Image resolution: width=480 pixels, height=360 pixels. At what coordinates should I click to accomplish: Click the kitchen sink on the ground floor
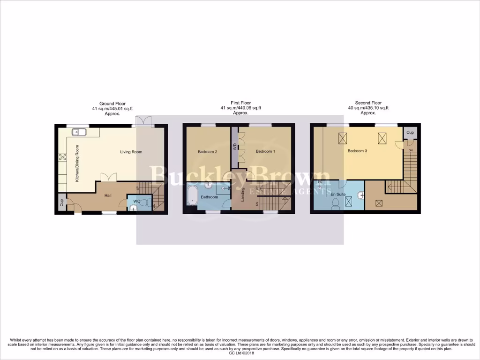coord(78,132)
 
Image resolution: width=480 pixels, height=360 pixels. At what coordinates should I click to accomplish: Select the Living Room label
coord(131,152)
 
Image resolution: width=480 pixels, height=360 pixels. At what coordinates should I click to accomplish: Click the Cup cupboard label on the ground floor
coord(61,203)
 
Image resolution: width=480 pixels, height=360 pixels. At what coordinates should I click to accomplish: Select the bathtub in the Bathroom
coord(193,196)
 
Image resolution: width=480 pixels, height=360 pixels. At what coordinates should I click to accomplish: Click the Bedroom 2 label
coord(207,152)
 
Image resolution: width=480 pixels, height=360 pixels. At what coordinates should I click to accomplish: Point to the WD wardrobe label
coord(234,147)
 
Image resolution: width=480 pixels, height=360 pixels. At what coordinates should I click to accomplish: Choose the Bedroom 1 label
coord(265,152)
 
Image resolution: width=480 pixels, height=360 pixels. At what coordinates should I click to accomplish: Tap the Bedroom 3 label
coord(357,151)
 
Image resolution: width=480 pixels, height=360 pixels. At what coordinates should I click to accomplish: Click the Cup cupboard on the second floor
coord(411,133)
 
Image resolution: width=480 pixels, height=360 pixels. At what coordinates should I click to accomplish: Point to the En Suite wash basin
coord(361,195)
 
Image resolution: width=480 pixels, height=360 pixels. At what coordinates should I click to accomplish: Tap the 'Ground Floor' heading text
coord(110,103)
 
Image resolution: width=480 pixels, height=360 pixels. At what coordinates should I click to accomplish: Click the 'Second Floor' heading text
coord(368,103)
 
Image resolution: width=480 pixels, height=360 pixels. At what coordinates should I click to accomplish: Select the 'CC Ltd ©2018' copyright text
coord(240,353)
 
